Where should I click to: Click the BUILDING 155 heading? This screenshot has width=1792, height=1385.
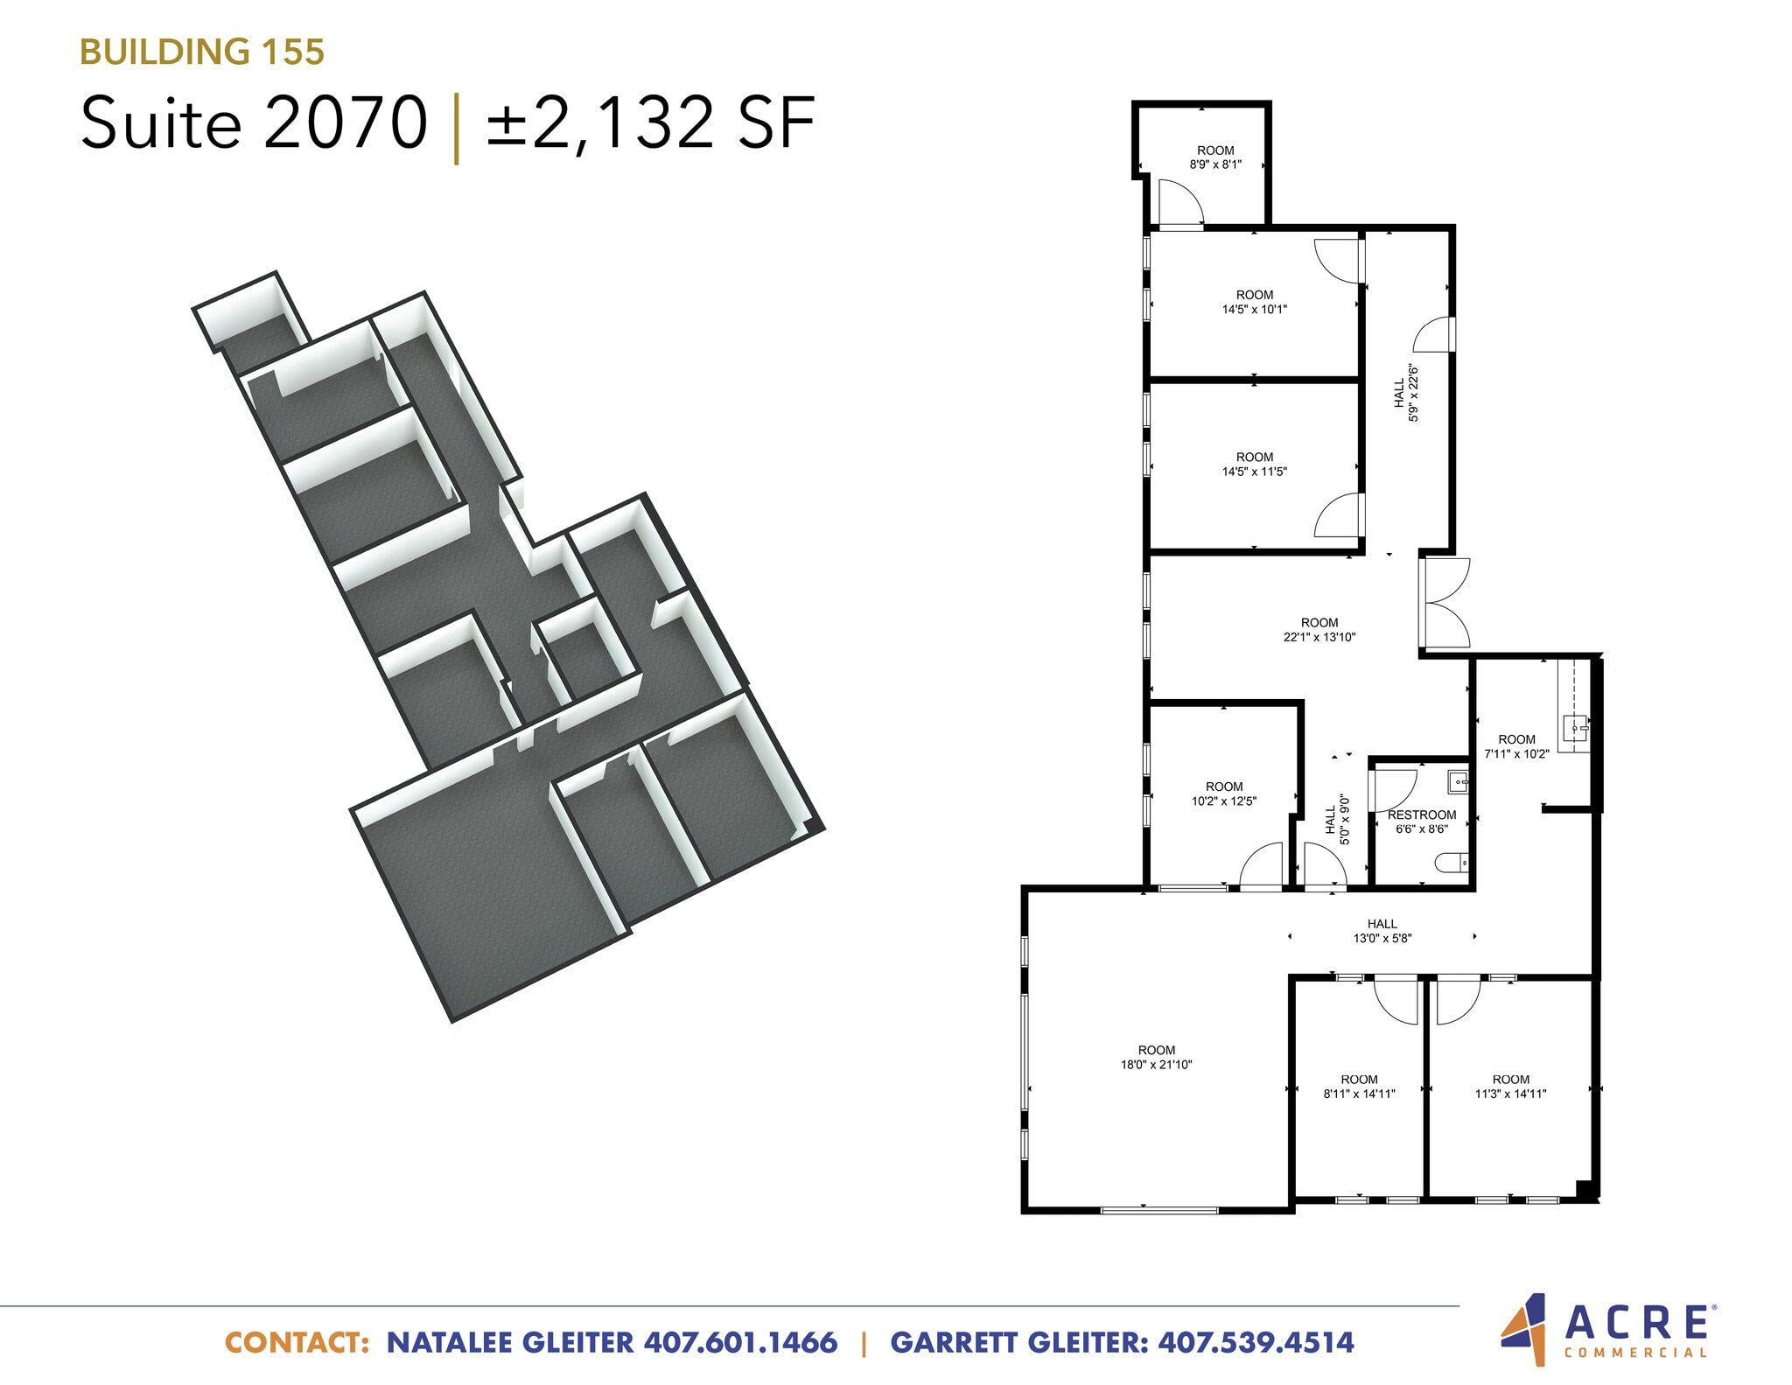click(202, 52)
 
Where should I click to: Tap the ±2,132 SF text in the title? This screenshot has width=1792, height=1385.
click(651, 123)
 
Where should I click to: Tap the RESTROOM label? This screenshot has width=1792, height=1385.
click(1421, 815)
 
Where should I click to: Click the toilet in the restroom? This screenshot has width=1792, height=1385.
click(1452, 864)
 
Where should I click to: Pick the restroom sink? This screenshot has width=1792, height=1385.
click(1457, 780)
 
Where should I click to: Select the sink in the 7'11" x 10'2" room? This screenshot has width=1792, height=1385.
click(1576, 726)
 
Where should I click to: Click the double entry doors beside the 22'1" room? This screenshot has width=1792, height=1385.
click(1445, 603)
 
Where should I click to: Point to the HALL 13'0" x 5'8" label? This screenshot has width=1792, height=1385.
click(1382, 930)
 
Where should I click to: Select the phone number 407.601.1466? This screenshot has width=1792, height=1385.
click(740, 1343)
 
